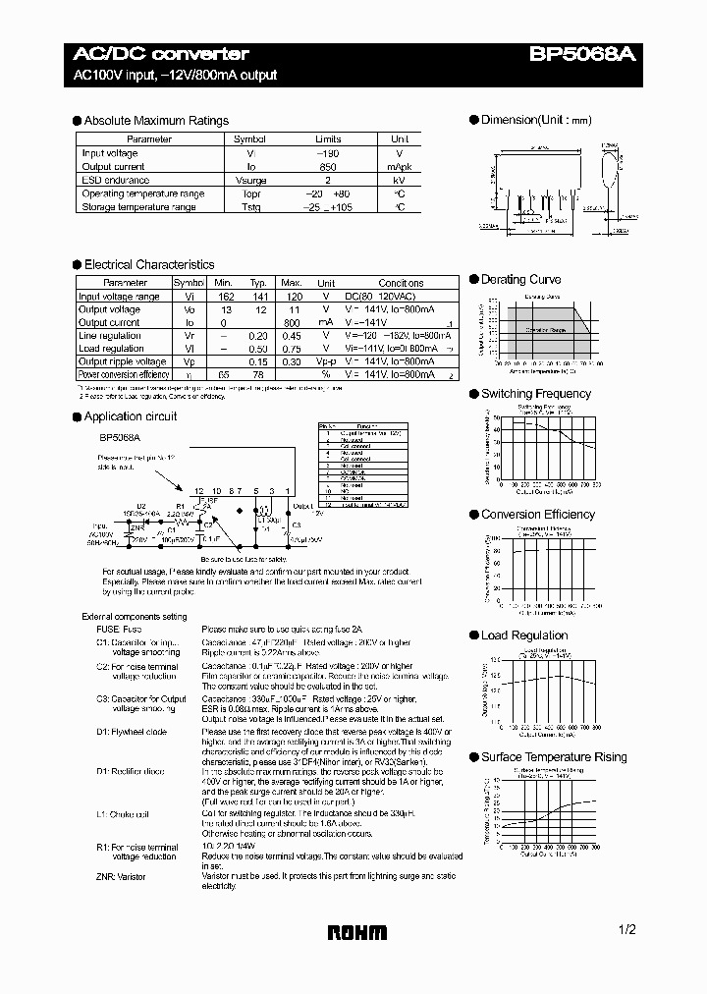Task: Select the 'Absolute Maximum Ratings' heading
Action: [156, 121]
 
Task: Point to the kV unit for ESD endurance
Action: [400, 181]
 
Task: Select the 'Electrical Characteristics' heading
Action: [148, 265]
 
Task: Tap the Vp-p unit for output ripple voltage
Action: [326, 361]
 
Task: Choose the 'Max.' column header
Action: [292, 283]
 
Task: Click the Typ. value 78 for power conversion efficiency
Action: [257, 374]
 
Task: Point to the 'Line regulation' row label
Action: [110, 336]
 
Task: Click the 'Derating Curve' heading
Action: [519, 280]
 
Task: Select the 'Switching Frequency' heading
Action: [535, 394]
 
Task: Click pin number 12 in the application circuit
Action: [198, 489]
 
